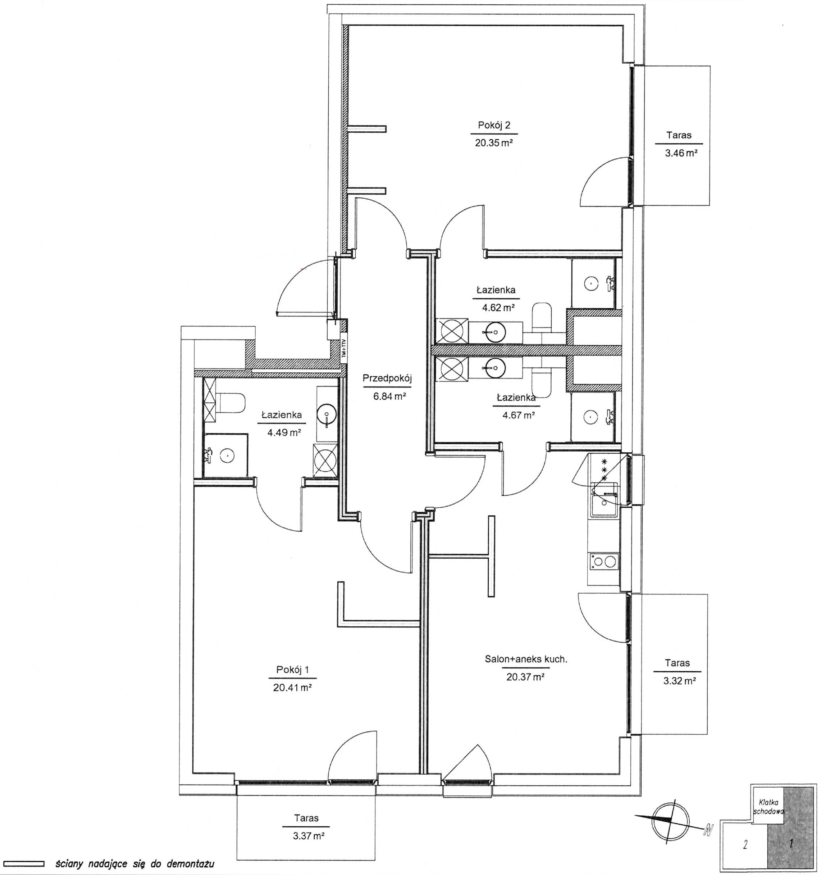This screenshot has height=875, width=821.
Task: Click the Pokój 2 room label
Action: tap(494, 125)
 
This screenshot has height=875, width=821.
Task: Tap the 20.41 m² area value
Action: tap(293, 688)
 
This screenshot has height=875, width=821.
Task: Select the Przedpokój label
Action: tap(387, 378)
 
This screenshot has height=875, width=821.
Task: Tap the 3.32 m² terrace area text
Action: tap(679, 681)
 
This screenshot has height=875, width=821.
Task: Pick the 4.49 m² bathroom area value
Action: tap(284, 432)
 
